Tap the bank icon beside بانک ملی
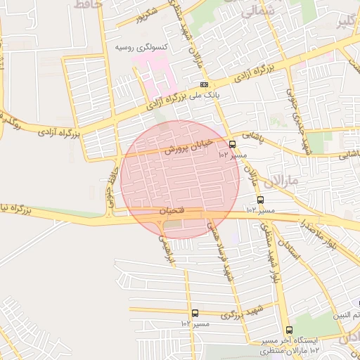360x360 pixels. pos(204,85)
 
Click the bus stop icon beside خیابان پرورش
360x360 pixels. pos(233,144)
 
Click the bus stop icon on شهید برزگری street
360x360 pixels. pos(195,313)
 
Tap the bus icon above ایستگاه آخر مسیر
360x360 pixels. pos(289,330)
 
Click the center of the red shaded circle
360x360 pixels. pos(180,179)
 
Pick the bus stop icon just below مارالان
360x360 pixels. pos(261,200)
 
